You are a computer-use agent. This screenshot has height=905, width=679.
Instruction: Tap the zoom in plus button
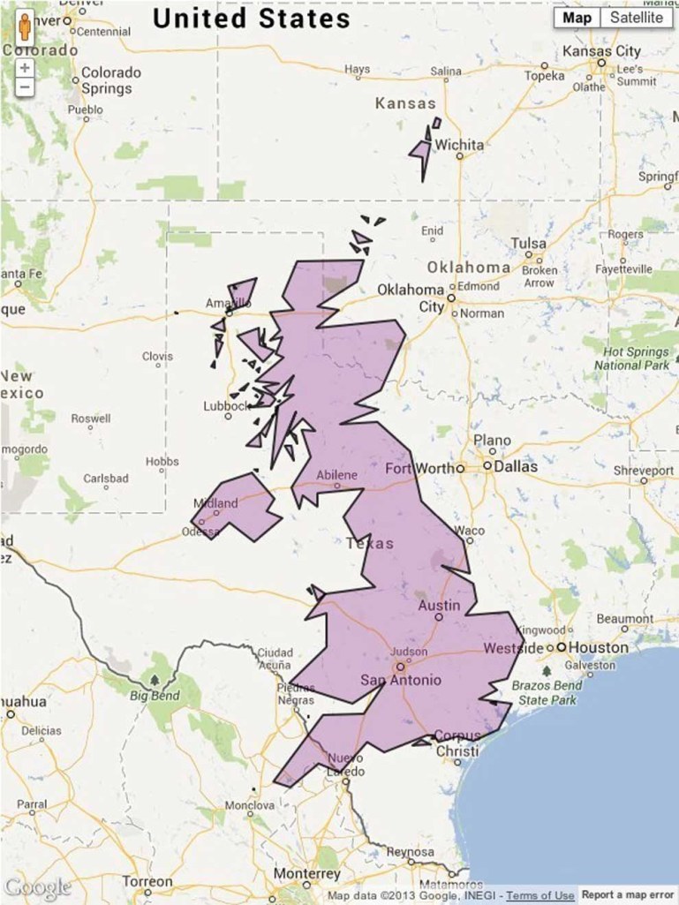pos(25,67)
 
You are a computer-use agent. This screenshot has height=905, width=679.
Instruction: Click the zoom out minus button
pos(25,87)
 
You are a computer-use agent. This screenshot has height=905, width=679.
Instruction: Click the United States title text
pos(252,19)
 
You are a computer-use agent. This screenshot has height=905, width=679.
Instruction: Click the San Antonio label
pos(400,680)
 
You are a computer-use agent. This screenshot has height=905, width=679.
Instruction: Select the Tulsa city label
pos(529,243)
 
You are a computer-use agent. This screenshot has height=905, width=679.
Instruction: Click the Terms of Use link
pos(539,896)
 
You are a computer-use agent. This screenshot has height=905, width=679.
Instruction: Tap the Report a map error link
pos(629,896)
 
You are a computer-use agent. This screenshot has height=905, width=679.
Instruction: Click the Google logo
pos(36,887)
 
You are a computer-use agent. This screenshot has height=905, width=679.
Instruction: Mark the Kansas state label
pos(405,103)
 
